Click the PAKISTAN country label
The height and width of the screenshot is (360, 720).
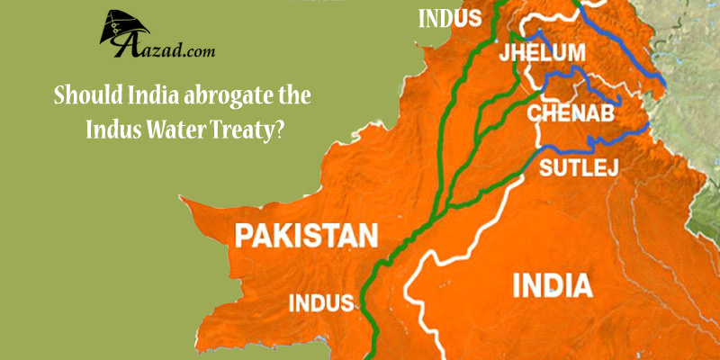pyautogui.click(x=305, y=237)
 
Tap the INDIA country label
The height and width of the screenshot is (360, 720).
pyautogui.click(x=553, y=285)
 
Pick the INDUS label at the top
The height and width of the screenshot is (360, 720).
pyautogui.click(x=449, y=17)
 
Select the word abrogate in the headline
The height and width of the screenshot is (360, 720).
pyautogui.click(x=241, y=95)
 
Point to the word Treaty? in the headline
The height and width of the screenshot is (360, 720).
pyautogui.click(x=249, y=129)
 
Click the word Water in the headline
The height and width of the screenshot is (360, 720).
pyautogui.click(x=171, y=129)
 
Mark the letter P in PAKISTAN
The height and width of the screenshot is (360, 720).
pyautogui.click(x=243, y=237)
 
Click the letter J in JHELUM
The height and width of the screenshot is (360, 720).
pyautogui.click(x=504, y=51)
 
